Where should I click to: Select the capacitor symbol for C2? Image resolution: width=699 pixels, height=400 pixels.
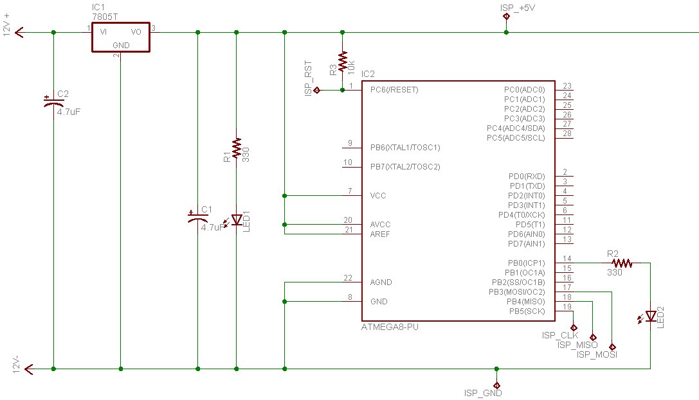53,102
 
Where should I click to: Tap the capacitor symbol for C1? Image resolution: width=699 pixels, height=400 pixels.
198,218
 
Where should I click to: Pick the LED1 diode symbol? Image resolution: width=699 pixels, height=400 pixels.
236,220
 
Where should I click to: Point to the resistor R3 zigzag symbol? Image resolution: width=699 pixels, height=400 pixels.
342,62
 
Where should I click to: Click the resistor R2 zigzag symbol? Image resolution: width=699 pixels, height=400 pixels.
622,263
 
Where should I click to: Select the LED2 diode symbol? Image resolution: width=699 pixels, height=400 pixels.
650,317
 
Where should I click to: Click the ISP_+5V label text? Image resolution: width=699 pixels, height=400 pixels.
517,8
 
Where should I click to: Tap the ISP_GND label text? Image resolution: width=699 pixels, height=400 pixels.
483,393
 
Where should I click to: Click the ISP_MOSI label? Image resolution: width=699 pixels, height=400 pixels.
597,354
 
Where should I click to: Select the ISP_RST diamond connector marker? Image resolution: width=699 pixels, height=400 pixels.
317,90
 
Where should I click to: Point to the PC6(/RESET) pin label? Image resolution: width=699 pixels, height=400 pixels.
394,90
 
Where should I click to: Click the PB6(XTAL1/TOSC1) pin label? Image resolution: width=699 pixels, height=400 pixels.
404,147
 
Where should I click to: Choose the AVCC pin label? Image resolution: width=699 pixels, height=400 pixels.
380,225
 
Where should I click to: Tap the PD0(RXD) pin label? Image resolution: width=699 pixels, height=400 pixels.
527,176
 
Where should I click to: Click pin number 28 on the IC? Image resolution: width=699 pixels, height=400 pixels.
567,134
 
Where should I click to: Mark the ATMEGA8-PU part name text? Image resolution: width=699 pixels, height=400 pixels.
390,327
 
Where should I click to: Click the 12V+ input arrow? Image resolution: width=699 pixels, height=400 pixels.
20,32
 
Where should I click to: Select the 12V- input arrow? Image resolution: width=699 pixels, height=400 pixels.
28,369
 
